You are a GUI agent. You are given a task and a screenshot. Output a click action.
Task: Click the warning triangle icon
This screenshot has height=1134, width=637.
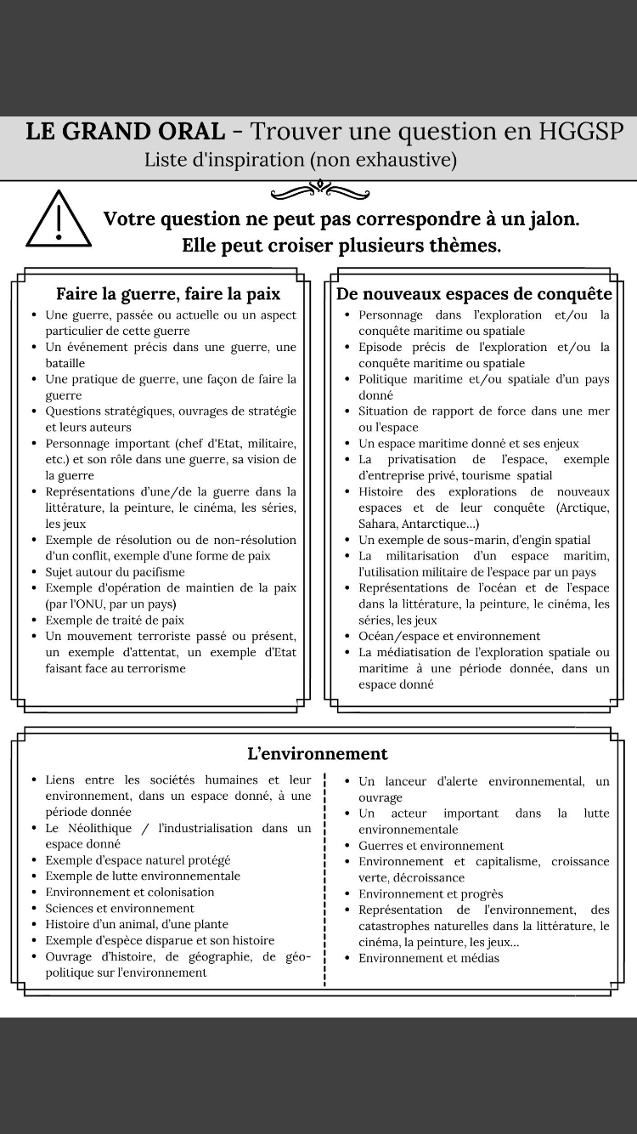(x=59, y=220)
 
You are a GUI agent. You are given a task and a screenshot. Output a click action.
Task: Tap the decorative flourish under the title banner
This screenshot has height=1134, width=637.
(x=319, y=189)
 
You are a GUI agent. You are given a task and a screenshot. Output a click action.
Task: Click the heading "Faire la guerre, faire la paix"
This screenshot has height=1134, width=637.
(x=168, y=294)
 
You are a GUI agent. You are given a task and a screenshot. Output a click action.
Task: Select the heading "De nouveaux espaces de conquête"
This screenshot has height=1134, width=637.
(x=474, y=294)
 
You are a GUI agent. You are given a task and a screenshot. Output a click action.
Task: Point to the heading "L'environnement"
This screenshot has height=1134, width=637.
(x=318, y=754)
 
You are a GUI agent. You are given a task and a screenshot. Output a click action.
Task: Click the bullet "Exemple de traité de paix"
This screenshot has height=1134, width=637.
(x=115, y=621)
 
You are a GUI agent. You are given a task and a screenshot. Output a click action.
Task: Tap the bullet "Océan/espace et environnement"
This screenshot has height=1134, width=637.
(x=449, y=636)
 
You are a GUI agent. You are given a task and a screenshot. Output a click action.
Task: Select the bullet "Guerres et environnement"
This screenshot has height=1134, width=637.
(x=431, y=846)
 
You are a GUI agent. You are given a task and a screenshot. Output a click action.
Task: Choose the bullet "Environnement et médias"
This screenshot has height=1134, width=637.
(x=429, y=958)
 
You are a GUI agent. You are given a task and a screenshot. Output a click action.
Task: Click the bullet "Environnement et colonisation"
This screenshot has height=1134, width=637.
(x=130, y=893)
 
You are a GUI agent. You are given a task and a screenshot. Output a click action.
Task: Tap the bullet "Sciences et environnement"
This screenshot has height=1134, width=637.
(x=120, y=909)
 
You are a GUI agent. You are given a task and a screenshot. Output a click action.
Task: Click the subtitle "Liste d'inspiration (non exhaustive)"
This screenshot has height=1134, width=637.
(x=301, y=160)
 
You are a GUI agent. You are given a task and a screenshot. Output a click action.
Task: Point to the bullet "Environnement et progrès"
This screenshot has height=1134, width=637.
(x=431, y=894)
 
